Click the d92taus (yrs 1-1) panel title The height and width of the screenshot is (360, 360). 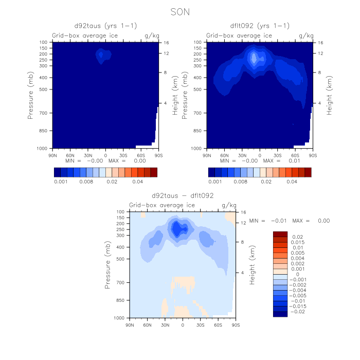(x=105, y=26)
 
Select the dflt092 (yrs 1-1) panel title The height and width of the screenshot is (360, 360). (x=259, y=26)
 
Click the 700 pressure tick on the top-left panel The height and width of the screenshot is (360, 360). (x=43, y=113)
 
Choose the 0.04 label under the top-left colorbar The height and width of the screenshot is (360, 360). (x=138, y=181)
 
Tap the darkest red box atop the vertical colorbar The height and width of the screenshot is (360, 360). (x=280, y=234)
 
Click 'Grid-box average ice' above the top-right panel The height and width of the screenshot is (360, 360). (x=232, y=35)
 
